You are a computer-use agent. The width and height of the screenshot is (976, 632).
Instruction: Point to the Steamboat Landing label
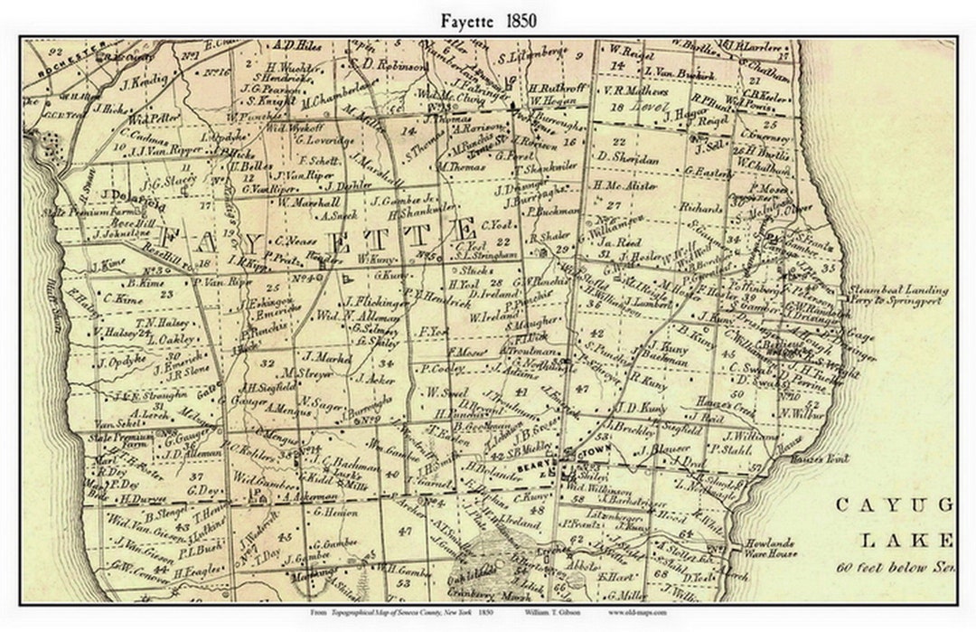point(897,290)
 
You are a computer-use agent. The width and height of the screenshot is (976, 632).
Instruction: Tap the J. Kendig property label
point(144,80)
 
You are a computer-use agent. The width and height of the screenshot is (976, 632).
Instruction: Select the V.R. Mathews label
point(636,91)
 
